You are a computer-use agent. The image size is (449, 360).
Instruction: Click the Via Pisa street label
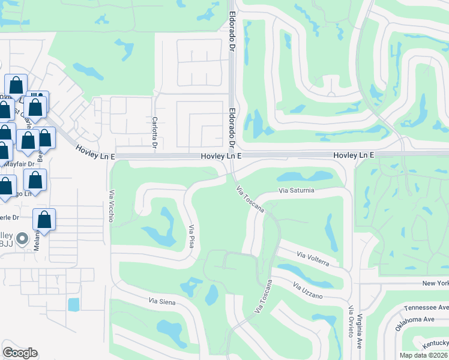pos(193,237)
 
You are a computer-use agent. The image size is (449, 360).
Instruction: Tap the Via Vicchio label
pos(111,206)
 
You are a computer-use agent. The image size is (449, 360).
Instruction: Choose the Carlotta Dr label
pos(154,133)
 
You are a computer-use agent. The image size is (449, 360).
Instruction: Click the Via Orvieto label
pos(350,321)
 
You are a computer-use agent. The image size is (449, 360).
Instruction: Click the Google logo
pos(20,352)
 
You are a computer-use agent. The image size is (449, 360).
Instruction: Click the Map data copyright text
pos(423,355)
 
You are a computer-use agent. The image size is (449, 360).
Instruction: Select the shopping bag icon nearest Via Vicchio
pos(44,220)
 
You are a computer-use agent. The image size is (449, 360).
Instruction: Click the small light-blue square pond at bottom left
pos(73,304)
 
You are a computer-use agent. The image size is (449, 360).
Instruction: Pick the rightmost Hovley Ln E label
pos(354,155)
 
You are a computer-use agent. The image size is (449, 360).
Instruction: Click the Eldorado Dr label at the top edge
pos(231,24)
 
